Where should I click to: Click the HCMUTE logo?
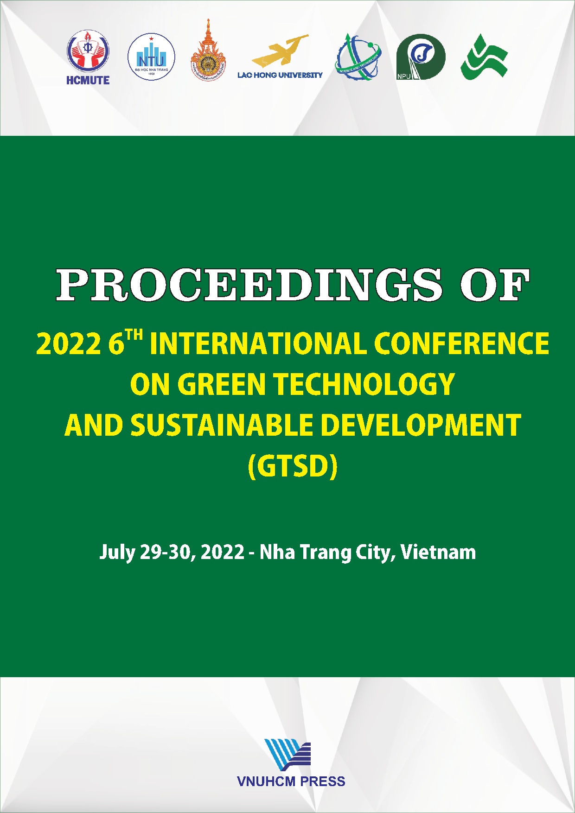[88, 57]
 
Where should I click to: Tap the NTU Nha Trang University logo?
[151, 57]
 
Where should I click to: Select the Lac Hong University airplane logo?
[280, 56]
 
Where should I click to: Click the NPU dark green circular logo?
[421, 57]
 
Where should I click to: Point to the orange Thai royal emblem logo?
[208, 51]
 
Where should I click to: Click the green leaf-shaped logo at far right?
[484, 57]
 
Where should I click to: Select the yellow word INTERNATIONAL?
[259, 344]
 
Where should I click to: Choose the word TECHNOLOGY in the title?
[364, 385]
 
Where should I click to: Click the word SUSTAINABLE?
[222, 426]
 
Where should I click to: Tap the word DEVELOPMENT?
[421, 426]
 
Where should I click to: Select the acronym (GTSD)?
[293, 466]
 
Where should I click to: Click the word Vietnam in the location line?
[438, 553]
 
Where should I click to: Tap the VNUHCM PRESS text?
[291, 781]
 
